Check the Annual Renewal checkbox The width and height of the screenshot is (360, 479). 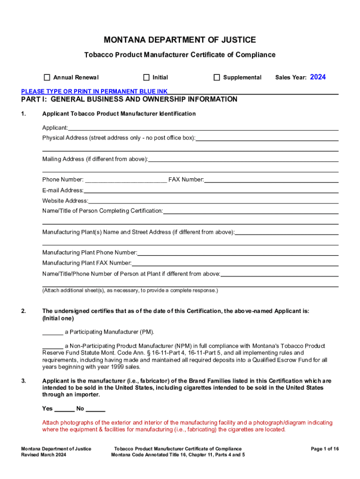pyautogui.click(x=47, y=77)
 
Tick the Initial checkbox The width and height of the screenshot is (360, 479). pyautogui.click(x=146, y=77)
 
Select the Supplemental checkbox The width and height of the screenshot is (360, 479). pyautogui.click(x=216, y=77)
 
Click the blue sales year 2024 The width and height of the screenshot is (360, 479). pyautogui.click(x=318, y=77)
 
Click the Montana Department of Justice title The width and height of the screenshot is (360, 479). pyautogui.click(x=180, y=40)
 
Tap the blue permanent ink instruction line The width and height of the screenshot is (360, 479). pyautogui.click(x=94, y=91)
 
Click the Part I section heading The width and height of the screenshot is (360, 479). pyautogui.click(x=129, y=100)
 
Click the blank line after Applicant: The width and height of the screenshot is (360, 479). pyautogui.click(x=203, y=128)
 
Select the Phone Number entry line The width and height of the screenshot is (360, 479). pyautogui.click(x=126, y=180)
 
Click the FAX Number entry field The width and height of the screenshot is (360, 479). pyautogui.click(x=271, y=180)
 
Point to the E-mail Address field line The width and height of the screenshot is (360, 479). pyautogui.click(x=211, y=190)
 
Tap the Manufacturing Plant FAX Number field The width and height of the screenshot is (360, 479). pyautogui.click(x=235, y=263)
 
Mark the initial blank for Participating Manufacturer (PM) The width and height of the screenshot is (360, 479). pyautogui.click(x=52, y=332)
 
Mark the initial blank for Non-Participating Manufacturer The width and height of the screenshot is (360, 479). pyautogui.click(x=52, y=346)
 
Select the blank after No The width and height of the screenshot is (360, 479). pyautogui.click(x=95, y=409)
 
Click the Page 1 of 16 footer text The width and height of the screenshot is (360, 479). pyautogui.click(x=324, y=449)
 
